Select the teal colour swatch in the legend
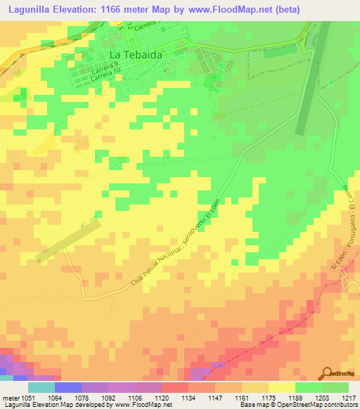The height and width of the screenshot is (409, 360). pyautogui.click(x=41, y=387)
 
